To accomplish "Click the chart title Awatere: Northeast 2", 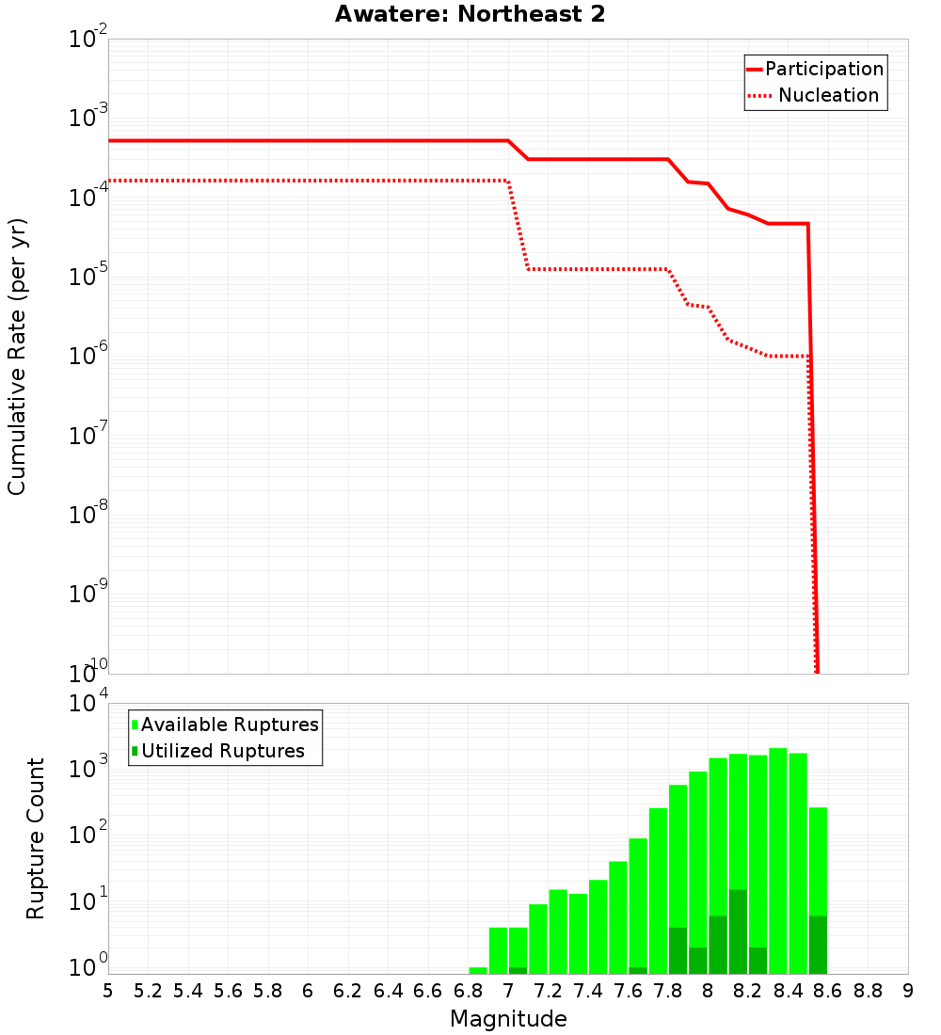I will [x=470, y=15].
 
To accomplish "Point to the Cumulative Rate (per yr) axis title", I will [x=17, y=357].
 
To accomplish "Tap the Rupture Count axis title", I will [x=36, y=838].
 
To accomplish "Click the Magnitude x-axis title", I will [x=508, y=1019].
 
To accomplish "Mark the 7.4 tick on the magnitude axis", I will [x=588, y=991].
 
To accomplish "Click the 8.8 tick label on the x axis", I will [x=868, y=991].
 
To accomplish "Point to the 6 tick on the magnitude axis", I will [x=308, y=991].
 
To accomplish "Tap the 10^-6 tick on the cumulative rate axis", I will [x=88, y=356].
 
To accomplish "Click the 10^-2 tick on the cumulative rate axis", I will [x=88, y=40].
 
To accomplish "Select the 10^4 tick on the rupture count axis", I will [x=88, y=704].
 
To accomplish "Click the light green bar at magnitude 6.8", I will [x=478, y=970].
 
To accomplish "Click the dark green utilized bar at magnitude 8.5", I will [x=818, y=945].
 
